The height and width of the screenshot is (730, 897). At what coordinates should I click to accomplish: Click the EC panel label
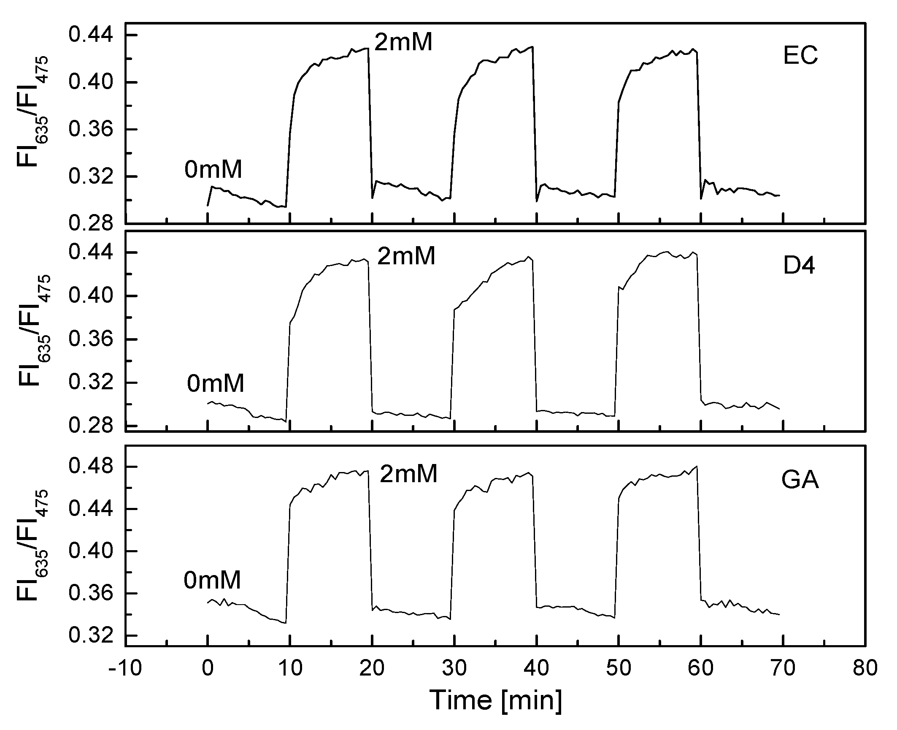pyautogui.click(x=800, y=57)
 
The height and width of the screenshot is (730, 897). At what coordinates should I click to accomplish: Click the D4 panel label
pyautogui.click(x=799, y=266)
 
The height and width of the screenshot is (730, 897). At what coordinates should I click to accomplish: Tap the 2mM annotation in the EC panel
pyautogui.click(x=403, y=42)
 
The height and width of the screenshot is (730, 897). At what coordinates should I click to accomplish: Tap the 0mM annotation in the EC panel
pyautogui.click(x=213, y=170)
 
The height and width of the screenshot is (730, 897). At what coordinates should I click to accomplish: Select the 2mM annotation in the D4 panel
pyautogui.click(x=406, y=256)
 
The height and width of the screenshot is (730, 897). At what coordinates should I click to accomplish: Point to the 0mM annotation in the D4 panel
pyautogui.click(x=216, y=383)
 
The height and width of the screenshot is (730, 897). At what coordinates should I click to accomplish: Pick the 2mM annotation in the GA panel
pyautogui.click(x=408, y=474)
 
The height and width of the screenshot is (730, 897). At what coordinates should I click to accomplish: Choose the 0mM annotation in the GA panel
pyautogui.click(x=212, y=580)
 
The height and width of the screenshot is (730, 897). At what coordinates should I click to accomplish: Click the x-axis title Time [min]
pyautogui.click(x=496, y=700)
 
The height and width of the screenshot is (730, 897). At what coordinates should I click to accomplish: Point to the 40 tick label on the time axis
pyautogui.click(x=537, y=669)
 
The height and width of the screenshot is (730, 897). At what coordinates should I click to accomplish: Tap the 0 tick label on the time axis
pyautogui.click(x=208, y=669)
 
